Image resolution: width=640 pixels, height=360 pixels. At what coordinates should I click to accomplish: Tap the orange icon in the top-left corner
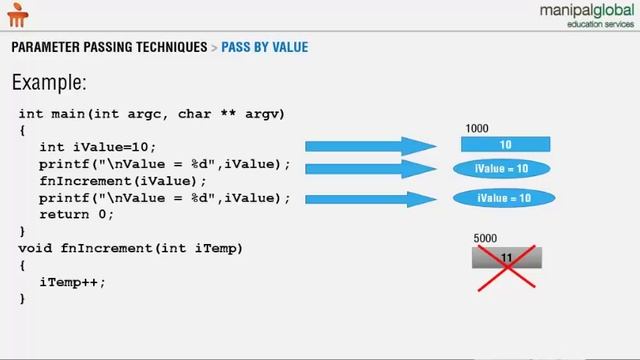pyautogui.click(x=19, y=14)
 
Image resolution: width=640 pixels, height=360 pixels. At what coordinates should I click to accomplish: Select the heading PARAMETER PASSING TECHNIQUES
pyautogui.click(x=109, y=47)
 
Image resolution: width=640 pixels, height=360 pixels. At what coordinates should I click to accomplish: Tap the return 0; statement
pyautogui.click(x=77, y=214)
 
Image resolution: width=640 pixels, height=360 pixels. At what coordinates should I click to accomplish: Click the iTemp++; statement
pyautogui.click(x=72, y=282)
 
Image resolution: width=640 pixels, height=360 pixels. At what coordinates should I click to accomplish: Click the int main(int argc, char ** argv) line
pyautogui.click(x=152, y=114)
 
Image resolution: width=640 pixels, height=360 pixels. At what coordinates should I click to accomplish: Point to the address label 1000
pyautogui.click(x=477, y=129)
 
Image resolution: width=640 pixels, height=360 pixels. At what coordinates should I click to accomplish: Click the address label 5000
pyautogui.click(x=485, y=239)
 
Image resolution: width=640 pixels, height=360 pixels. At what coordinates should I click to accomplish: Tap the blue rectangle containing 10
pyautogui.click(x=505, y=145)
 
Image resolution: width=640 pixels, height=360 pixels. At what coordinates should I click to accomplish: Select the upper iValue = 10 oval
pyautogui.click(x=503, y=169)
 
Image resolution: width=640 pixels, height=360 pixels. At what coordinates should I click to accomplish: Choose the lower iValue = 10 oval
pyautogui.click(x=503, y=199)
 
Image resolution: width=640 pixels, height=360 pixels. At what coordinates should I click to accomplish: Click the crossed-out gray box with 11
pyautogui.click(x=506, y=259)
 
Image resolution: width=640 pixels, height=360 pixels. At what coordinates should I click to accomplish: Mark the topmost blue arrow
pyautogui.click(x=370, y=147)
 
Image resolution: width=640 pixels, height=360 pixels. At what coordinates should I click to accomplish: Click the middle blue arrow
pyautogui.click(x=370, y=169)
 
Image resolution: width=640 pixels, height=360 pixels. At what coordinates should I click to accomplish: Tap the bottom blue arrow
pyautogui.click(x=370, y=199)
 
